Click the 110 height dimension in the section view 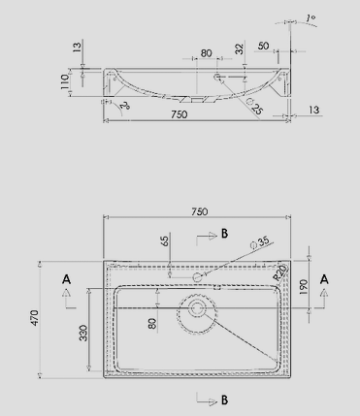[65, 82]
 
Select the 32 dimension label [240, 48]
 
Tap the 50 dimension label [264, 46]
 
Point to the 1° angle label [311, 18]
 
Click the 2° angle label [125, 106]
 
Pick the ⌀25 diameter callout [255, 106]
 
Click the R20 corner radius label [279, 272]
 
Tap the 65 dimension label [165, 240]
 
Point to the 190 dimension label [303, 287]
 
